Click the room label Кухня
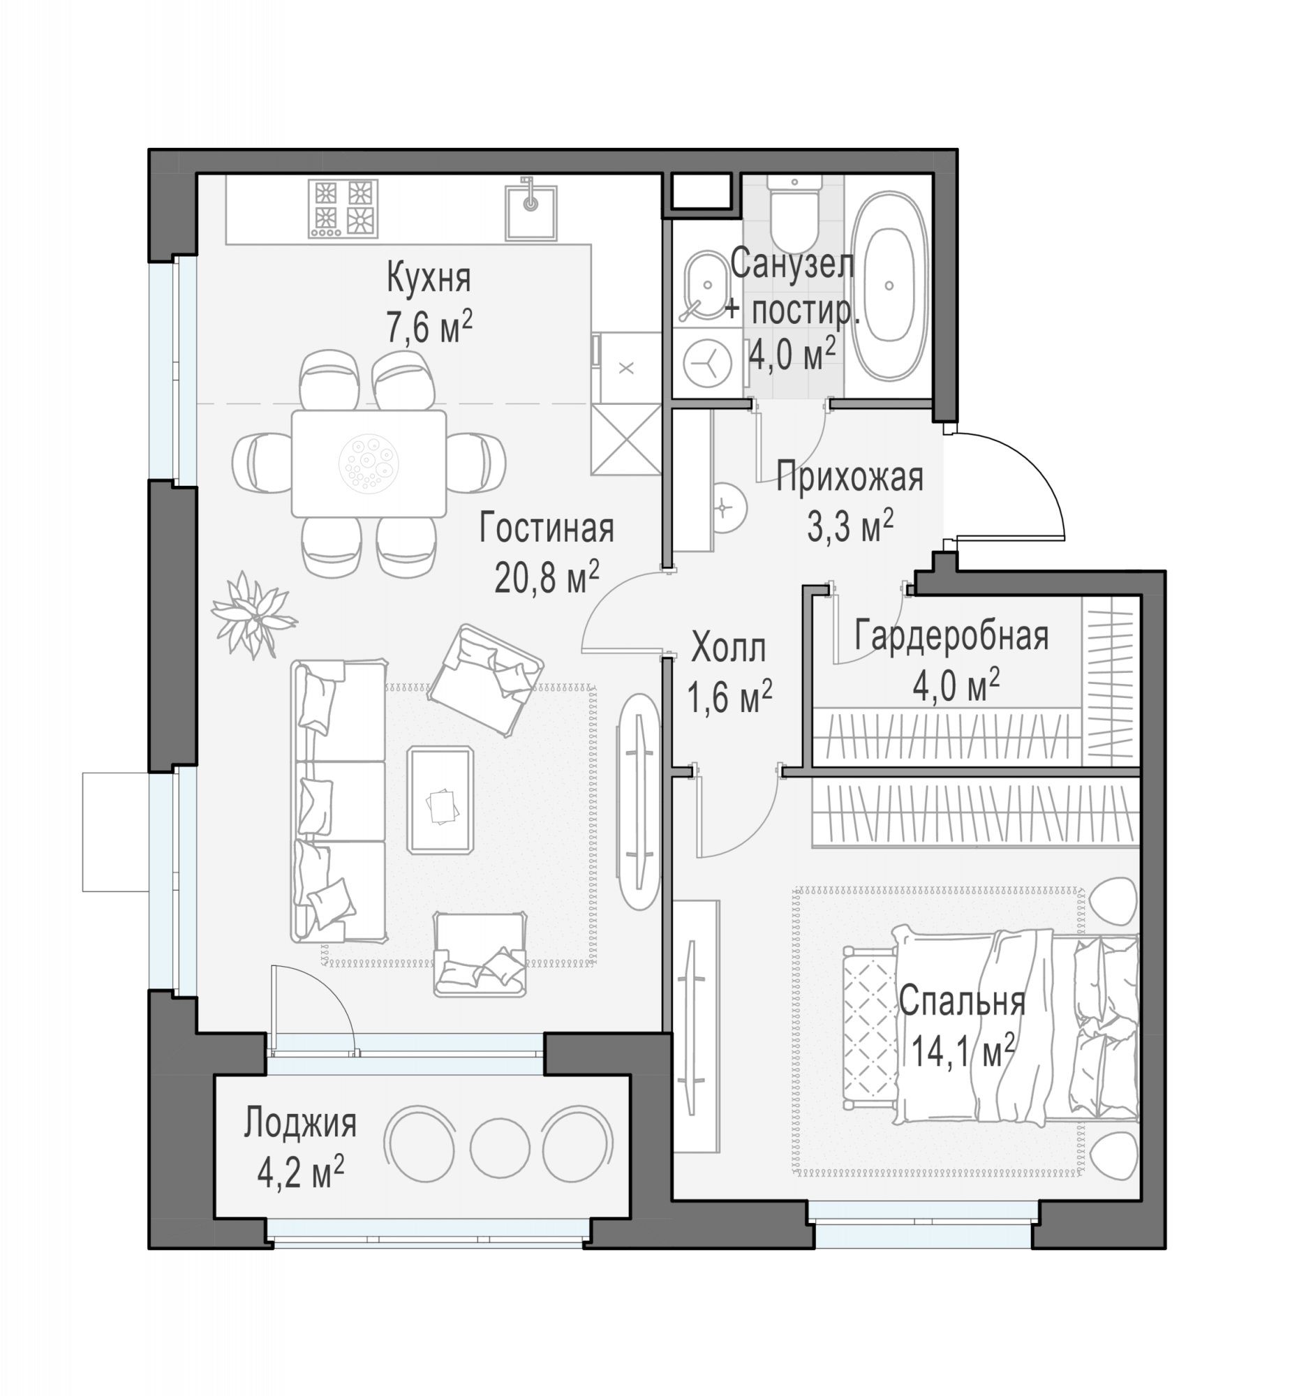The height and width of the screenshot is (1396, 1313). pos(429,278)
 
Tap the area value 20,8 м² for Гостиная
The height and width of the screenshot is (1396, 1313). pos(547,577)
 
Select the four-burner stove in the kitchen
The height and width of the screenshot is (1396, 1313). pos(343,208)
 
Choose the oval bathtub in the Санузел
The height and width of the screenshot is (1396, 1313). pos(889,286)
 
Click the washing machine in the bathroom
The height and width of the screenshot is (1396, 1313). pos(707,364)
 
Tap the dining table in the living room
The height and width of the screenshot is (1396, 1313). pos(369,463)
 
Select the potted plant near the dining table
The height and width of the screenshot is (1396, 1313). pos(253,614)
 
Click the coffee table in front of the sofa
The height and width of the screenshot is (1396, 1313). pos(440,800)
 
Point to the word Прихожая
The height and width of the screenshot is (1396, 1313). pos(850,477)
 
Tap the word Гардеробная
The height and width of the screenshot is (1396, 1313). pos(951,636)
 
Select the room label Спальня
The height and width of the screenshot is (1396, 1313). pos(962,1002)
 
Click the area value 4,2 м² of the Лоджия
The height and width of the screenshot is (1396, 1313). pos(301,1173)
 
